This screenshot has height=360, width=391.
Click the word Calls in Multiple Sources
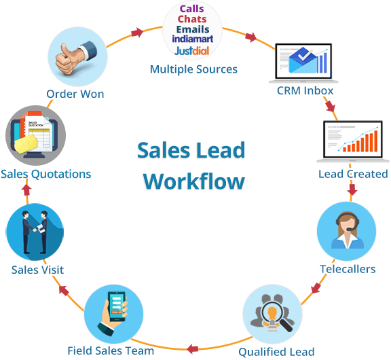191,9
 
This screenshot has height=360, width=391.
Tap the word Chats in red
191,19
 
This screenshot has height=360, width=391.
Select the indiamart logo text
193,40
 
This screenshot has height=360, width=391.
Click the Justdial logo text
192,51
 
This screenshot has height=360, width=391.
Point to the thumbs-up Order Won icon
74,56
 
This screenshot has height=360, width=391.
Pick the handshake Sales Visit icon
35,232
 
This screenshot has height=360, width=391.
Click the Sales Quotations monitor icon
35,133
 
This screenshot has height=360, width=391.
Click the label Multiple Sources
193,69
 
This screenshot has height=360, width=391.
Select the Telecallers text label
348,269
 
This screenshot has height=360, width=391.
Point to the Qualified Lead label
276,351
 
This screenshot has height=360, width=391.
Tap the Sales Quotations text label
45,174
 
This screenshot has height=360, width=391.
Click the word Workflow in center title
195,181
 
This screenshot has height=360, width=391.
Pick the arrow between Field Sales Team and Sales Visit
63,291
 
